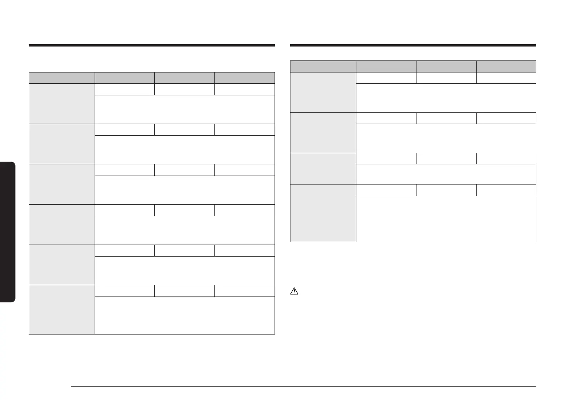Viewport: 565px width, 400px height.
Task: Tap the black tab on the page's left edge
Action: point(7,232)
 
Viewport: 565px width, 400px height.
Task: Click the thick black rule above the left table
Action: point(152,45)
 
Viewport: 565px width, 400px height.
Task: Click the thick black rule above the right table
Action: point(413,45)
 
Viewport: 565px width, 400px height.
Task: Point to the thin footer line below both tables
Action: point(304,386)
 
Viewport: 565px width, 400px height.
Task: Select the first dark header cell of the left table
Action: point(62,78)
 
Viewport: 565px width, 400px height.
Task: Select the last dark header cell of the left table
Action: point(245,78)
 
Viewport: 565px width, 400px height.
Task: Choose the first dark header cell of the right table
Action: point(323,66)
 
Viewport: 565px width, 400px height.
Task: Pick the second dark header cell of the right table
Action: point(386,66)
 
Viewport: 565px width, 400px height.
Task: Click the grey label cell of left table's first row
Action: point(62,103)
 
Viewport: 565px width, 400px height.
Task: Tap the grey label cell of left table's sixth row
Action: point(62,309)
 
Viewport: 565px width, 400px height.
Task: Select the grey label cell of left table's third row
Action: point(62,184)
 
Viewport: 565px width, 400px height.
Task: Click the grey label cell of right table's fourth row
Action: point(323,213)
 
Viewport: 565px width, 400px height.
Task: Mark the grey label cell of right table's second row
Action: point(323,133)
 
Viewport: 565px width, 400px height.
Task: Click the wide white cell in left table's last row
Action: point(185,315)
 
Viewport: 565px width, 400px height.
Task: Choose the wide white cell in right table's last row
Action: point(446,219)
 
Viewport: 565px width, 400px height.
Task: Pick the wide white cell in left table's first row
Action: point(185,109)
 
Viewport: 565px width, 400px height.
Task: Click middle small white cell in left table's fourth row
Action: point(185,210)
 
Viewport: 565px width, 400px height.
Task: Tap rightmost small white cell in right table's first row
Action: point(506,78)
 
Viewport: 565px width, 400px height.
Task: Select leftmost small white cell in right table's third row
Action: point(386,159)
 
